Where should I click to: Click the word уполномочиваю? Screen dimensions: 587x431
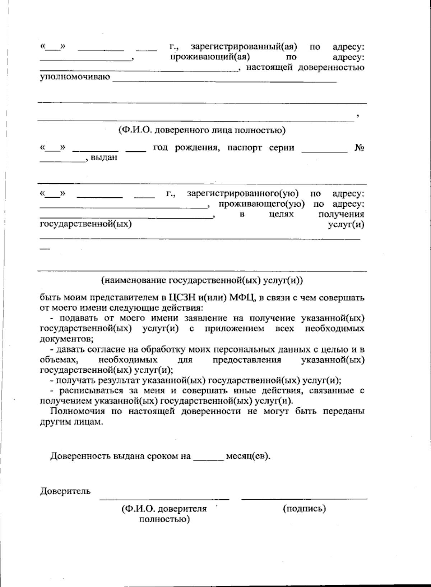(x=75, y=78)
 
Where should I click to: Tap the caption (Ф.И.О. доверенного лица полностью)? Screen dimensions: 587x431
(x=202, y=130)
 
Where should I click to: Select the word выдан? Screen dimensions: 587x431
(x=104, y=158)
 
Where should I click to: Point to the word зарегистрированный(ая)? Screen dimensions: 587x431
(x=244, y=47)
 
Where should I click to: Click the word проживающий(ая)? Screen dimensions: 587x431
(x=210, y=57)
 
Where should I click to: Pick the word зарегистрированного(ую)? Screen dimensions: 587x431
(x=243, y=194)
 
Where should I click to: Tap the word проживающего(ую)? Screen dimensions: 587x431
(x=262, y=204)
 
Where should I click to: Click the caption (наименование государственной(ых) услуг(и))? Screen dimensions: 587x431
(x=202, y=280)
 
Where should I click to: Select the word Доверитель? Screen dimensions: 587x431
(x=65, y=491)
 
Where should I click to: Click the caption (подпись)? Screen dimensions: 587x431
(x=304, y=509)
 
